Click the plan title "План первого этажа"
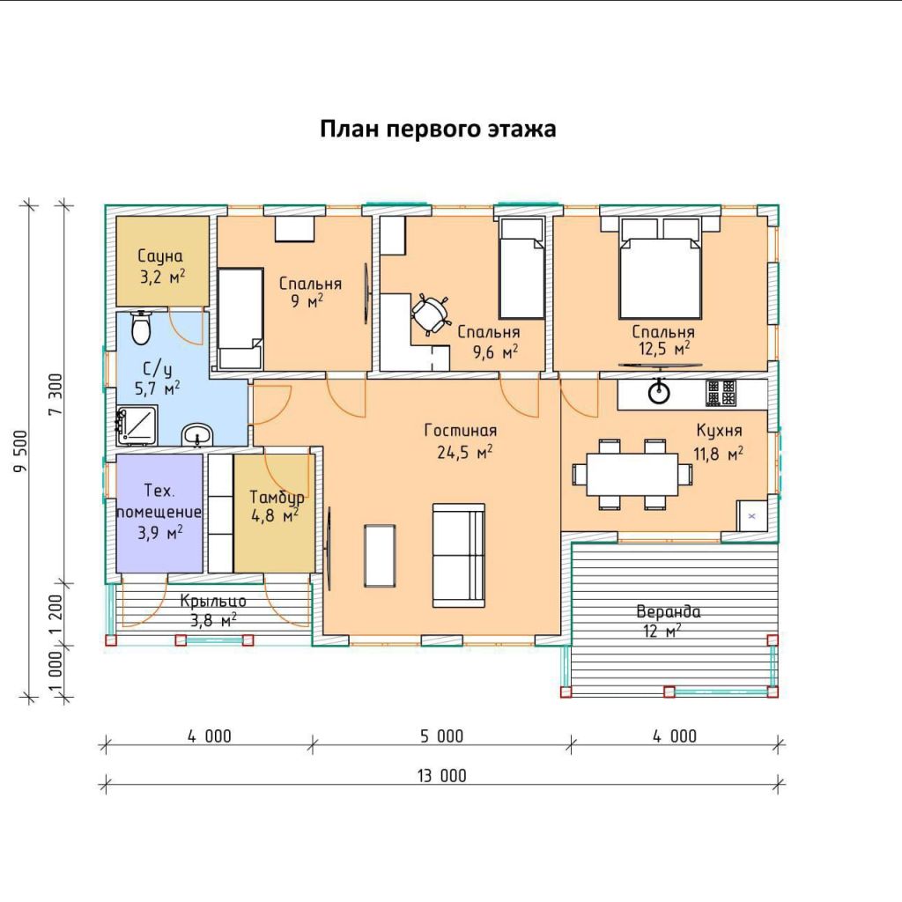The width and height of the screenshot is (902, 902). coord(438,129)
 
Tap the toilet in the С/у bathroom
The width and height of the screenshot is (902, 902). coord(141,328)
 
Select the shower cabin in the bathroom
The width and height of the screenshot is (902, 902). coord(137,425)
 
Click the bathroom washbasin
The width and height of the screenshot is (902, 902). coord(197,435)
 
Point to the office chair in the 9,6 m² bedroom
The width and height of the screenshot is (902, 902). coord(430,314)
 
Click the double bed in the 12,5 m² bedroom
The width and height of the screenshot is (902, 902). coord(660,268)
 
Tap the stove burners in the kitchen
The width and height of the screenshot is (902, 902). coord(721,394)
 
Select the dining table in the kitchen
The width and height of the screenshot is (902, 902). coord(632,474)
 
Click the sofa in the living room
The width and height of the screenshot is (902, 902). coord(458,555)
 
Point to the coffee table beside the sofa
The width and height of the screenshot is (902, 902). coord(380,556)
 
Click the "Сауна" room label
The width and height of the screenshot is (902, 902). coord(160,256)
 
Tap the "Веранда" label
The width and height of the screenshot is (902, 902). coord(669,611)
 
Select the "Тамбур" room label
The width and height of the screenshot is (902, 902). coord(277,498)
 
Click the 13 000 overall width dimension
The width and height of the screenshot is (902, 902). coord(442,775)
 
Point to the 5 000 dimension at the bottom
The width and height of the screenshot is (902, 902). coord(441,736)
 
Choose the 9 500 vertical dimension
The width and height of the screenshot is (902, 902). coord(21,452)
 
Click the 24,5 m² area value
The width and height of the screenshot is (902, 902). coord(465,452)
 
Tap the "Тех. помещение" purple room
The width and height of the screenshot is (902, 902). coord(159,514)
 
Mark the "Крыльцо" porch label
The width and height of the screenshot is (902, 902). coord(213,601)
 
